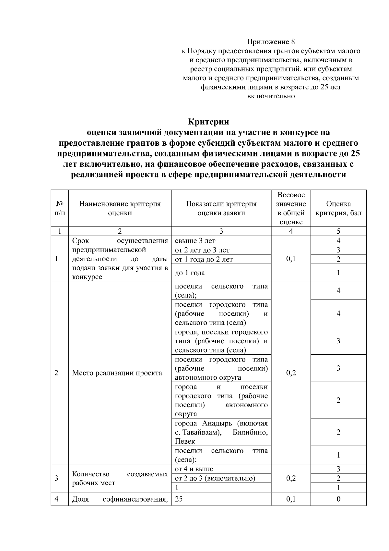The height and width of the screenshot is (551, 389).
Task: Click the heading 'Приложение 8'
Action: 271,42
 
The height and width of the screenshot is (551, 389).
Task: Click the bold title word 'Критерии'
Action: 208,122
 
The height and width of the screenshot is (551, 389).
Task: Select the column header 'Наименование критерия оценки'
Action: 120,208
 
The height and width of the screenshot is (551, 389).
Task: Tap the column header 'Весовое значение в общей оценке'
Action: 291,208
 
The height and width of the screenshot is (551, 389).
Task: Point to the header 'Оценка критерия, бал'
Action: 338,208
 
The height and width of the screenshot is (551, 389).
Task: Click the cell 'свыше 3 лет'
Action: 195,241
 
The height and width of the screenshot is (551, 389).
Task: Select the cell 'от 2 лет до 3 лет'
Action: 202,250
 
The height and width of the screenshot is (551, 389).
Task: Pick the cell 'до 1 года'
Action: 190,273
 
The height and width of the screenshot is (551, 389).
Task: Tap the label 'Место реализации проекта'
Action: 117,373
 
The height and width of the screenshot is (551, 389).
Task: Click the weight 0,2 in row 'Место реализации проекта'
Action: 291,373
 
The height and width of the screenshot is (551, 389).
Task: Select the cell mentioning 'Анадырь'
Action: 221,432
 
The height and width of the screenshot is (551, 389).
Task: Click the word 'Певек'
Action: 185,441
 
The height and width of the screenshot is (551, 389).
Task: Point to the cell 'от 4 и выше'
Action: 194,469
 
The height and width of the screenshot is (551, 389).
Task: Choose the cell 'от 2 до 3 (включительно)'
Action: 215,478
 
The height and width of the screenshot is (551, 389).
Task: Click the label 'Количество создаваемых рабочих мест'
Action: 120,478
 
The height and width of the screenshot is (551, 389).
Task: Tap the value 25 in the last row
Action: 179,499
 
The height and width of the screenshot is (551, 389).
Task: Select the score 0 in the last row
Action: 338,499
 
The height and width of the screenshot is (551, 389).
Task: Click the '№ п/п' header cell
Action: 60,208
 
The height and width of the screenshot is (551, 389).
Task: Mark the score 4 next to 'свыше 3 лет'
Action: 338,240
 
